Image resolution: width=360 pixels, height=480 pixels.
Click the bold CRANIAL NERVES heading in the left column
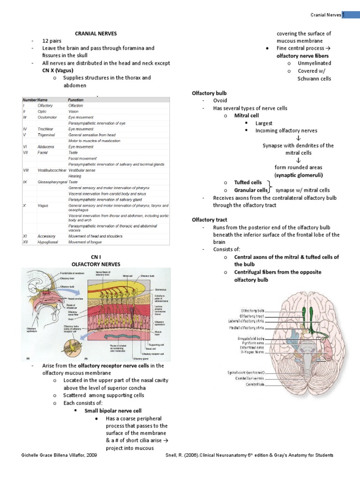coord(96,33)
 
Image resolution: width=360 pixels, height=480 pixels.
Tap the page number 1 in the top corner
coord(343,15)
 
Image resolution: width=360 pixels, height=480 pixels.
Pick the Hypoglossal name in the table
coord(50,241)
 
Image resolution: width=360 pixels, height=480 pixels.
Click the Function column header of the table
coord(75,100)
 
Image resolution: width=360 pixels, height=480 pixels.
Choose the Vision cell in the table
coord(74,112)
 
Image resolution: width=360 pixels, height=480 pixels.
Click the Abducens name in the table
coord(46,147)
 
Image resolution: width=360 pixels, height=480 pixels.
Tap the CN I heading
coord(96,257)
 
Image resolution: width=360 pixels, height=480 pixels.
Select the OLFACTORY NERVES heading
coord(96,264)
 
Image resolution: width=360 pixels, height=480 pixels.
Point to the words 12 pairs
coord(52,41)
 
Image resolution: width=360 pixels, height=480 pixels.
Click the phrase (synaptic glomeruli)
coord(299,175)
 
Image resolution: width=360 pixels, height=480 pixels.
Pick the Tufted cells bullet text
coord(248,182)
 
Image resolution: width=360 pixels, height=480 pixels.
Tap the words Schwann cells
coord(314,78)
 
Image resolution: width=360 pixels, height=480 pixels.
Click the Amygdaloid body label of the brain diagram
coord(251,338)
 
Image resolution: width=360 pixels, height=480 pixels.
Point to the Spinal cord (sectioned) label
coord(243,373)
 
